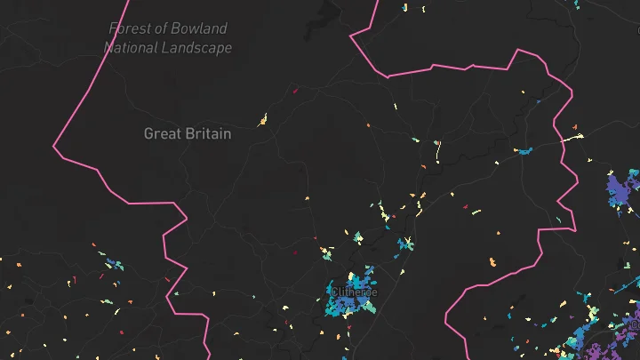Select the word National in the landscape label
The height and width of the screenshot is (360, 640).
click(132, 48)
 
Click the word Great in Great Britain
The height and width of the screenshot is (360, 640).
click(163, 134)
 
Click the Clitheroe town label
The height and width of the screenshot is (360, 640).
click(354, 292)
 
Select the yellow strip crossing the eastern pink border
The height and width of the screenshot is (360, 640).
click(572, 139)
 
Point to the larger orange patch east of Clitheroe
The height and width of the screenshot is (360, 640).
click(493, 262)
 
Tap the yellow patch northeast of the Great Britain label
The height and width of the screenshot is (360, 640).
click(263, 120)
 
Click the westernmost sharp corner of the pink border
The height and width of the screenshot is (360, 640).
click(54, 146)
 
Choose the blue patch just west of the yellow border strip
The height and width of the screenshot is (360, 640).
click(525, 151)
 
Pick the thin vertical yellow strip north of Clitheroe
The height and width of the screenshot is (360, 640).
click(437, 153)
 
